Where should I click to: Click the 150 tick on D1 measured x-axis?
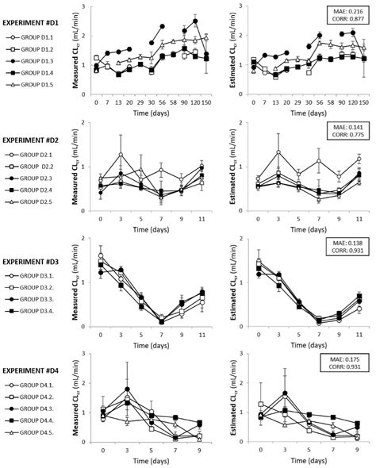206,103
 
